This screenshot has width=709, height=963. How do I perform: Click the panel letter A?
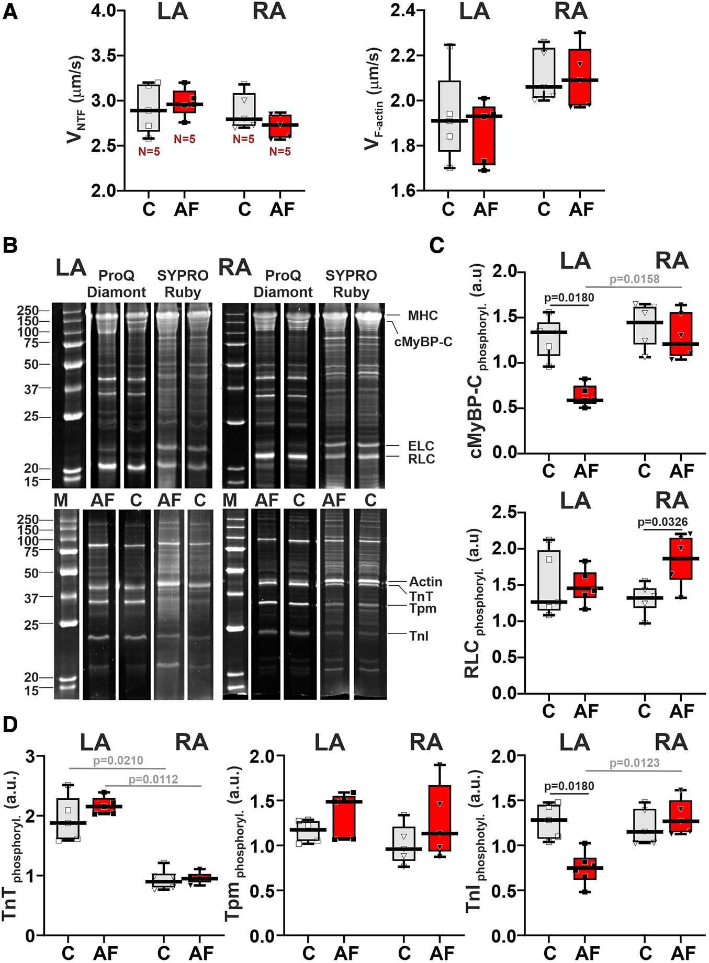pyautogui.click(x=10, y=12)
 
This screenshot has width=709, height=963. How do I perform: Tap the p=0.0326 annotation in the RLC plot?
pyautogui.click(x=662, y=522)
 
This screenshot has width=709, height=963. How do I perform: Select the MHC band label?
pyautogui.click(x=422, y=315)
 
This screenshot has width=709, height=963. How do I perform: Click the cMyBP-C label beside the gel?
pyautogui.click(x=423, y=342)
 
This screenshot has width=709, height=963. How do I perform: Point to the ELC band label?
pyautogui.click(x=421, y=446)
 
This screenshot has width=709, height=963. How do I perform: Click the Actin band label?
pyautogui.click(x=425, y=582)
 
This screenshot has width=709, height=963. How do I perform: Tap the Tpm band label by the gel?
pyautogui.click(x=422, y=608)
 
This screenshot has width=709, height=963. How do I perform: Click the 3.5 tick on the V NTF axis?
pyautogui.click(x=104, y=55)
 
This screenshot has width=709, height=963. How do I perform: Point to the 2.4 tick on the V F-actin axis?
pyautogui.click(x=403, y=11)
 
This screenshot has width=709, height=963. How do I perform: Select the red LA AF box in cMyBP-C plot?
pyautogui.click(x=585, y=394)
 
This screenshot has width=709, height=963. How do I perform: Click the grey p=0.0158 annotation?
pyautogui.click(x=634, y=279)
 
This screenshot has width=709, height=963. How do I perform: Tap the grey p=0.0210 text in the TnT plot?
pyautogui.click(x=118, y=760)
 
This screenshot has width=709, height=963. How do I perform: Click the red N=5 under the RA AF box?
pyautogui.click(x=279, y=152)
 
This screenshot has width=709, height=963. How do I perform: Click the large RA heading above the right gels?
pyautogui.click(x=234, y=267)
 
